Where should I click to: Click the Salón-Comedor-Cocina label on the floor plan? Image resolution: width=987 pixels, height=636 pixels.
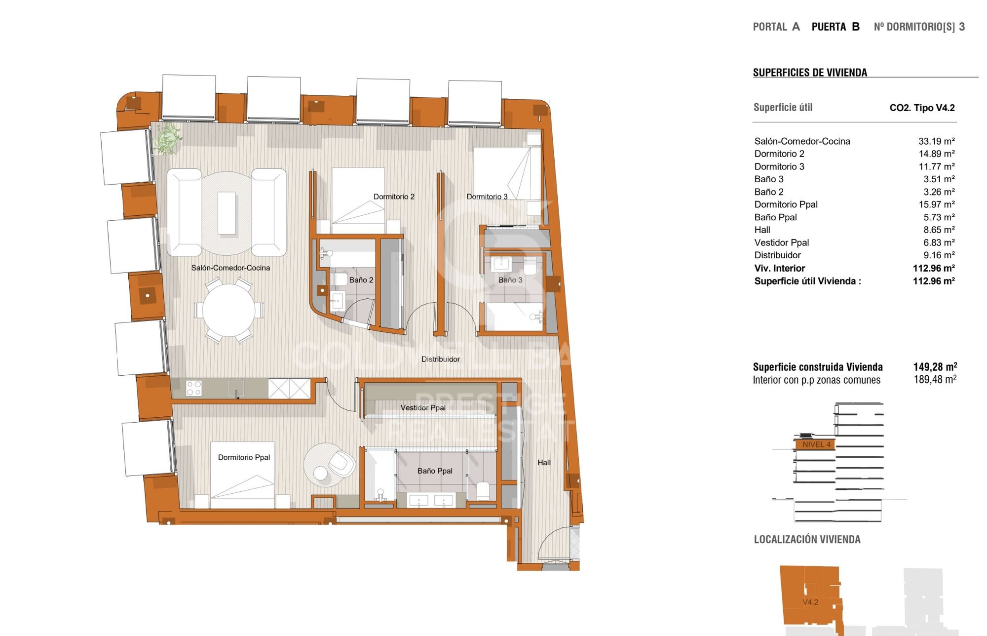click(230, 268)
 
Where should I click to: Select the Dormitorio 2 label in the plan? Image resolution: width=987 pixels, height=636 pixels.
click(394, 197)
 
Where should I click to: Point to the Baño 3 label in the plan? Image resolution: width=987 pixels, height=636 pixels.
click(510, 280)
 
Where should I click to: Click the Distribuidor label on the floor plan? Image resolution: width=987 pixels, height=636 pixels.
click(440, 359)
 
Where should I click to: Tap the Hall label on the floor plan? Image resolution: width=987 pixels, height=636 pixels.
click(544, 462)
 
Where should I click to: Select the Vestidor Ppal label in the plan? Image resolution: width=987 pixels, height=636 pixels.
click(423, 407)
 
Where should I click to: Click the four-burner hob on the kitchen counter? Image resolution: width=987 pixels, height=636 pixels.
click(193, 388)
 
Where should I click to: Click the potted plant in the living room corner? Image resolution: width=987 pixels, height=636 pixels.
click(168, 138)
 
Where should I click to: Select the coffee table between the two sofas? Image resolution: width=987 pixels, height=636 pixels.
click(227, 213)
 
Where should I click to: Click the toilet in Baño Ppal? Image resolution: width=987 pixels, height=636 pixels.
click(483, 491)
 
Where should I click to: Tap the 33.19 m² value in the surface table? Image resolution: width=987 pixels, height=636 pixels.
click(936, 141)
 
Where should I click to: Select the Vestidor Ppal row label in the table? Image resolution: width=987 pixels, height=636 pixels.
click(781, 242)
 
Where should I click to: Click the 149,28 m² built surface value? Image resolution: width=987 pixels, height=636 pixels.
click(935, 367)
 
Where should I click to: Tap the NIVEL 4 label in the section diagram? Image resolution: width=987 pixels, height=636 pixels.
click(816, 444)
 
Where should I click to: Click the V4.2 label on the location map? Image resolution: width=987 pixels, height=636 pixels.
click(810, 602)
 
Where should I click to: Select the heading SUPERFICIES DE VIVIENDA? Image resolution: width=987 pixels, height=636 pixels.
click(810, 73)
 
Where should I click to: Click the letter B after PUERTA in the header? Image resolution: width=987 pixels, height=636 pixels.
click(856, 27)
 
